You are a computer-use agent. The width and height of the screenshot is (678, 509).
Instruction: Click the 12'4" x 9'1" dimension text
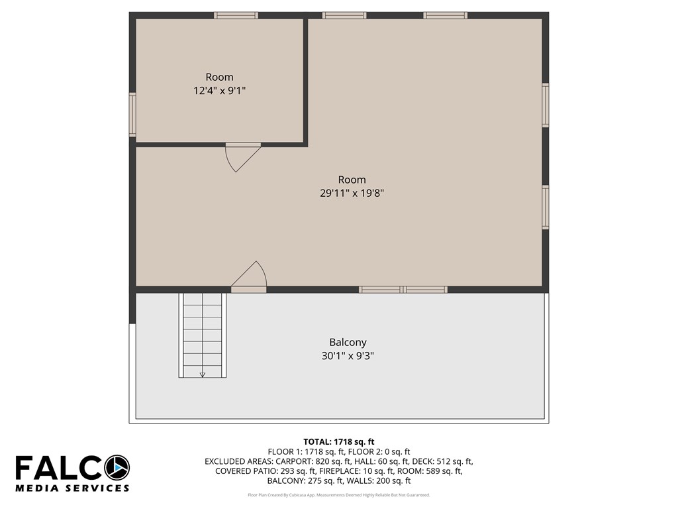click(219, 91)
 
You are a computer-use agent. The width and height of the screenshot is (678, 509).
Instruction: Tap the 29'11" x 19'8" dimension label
click(352, 193)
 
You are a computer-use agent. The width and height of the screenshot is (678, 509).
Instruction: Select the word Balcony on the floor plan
click(348, 343)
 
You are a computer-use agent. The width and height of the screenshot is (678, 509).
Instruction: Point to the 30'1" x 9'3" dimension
click(348, 356)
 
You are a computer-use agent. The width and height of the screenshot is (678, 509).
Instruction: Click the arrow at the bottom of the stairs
click(203, 375)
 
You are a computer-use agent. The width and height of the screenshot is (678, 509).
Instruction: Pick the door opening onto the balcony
click(249, 276)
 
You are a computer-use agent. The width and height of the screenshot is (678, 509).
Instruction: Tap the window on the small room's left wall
click(132, 115)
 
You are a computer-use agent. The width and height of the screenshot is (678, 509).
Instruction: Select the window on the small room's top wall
click(236, 16)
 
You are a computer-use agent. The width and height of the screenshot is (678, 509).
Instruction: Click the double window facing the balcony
click(403, 290)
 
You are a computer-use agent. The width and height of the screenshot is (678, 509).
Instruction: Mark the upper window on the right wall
click(546, 105)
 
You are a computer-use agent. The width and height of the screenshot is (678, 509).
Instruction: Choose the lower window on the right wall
click(546, 207)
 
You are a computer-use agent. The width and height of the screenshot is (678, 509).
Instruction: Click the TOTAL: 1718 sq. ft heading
click(339, 442)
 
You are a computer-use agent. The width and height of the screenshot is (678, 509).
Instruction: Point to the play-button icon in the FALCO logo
click(117, 467)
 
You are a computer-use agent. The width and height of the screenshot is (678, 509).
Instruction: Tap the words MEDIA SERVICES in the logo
click(72, 488)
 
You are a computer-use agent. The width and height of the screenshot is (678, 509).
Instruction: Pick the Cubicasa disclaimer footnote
click(339, 495)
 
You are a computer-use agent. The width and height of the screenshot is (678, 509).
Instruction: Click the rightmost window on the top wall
click(446, 16)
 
